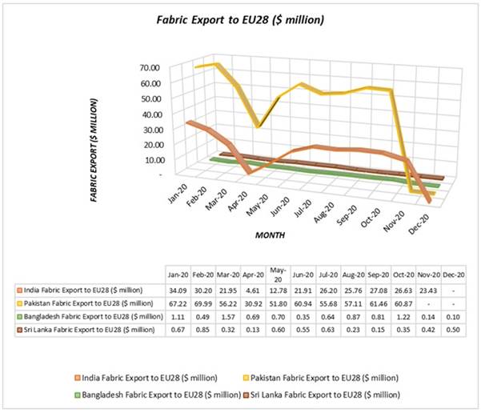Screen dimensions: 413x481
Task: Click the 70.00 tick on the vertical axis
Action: pos(150,66)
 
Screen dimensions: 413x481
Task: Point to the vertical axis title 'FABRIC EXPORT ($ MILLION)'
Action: pos(94,149)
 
